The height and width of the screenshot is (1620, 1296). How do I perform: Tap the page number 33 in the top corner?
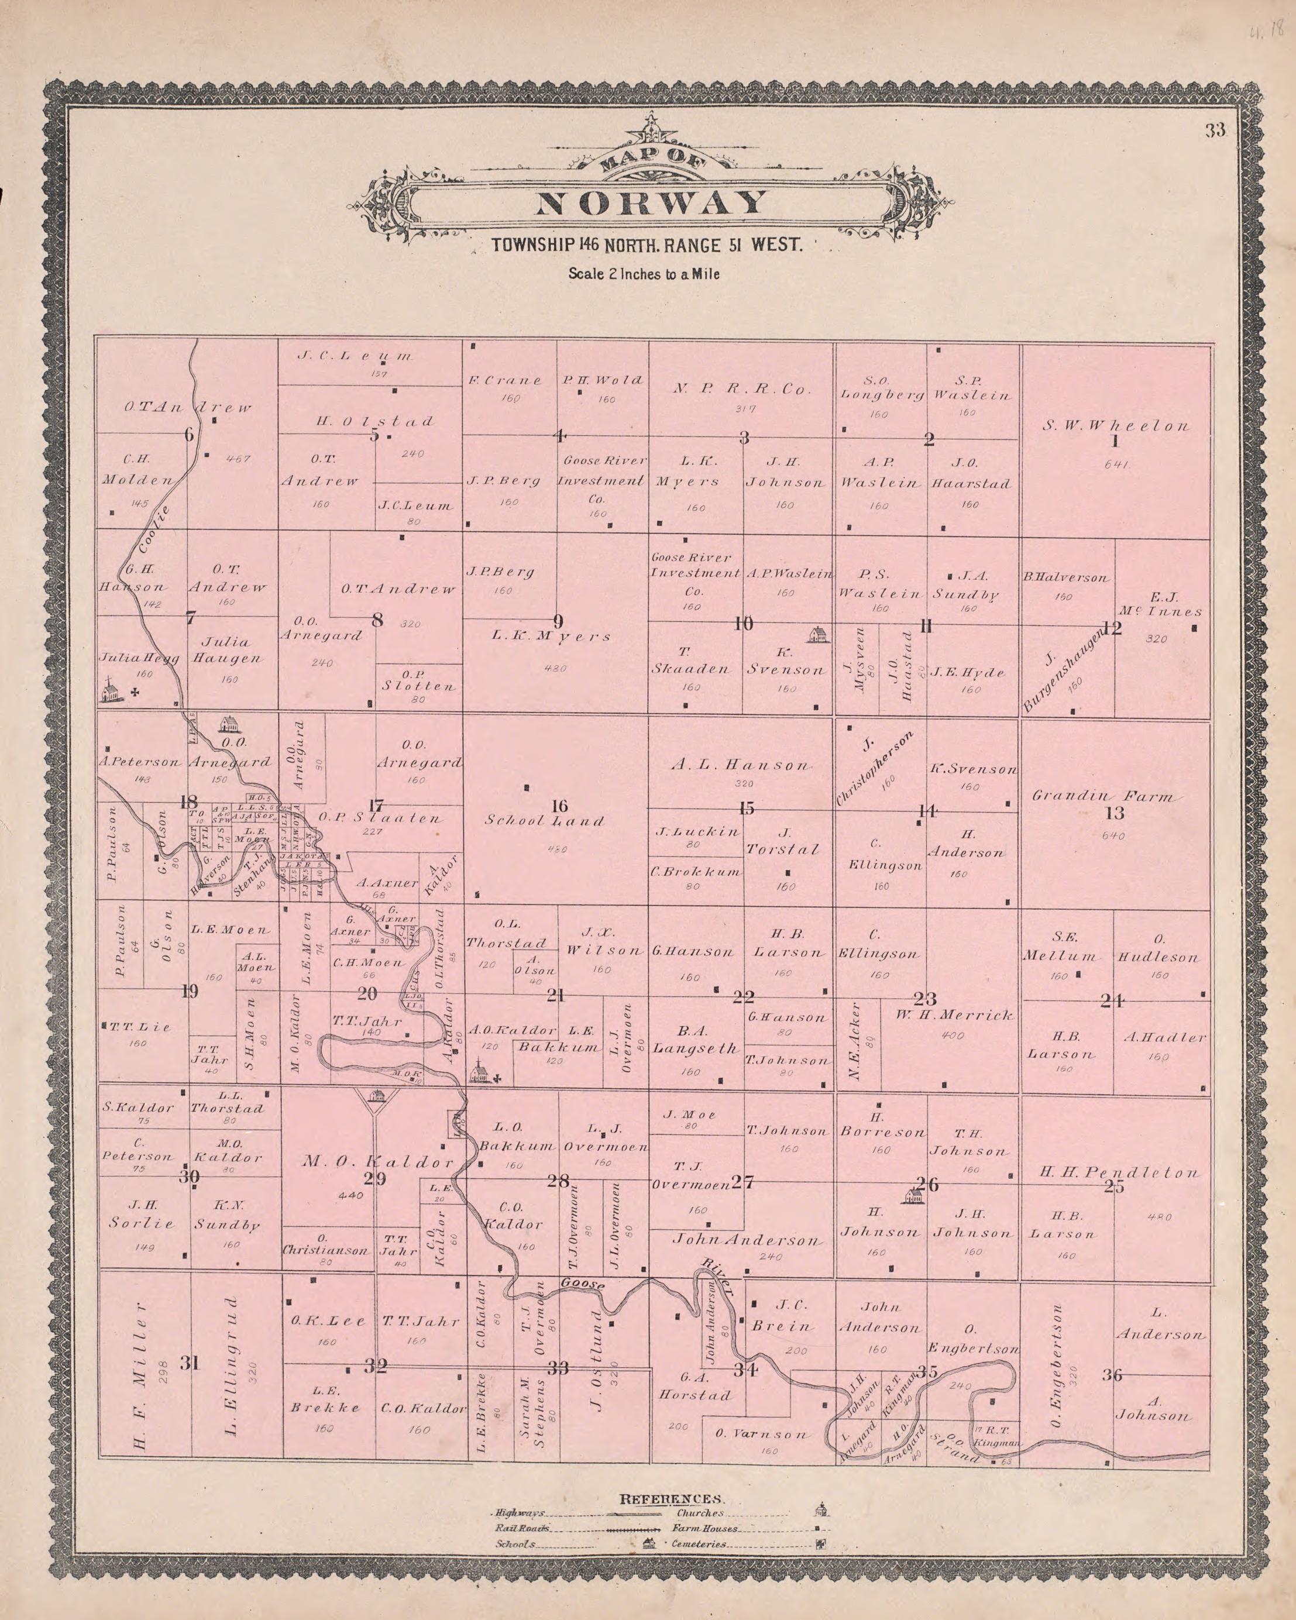click(x=1215, y=130)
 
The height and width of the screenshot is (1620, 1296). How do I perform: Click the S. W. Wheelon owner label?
click(x=1115, y=426)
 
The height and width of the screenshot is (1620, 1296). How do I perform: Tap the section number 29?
click(x=375, y=1179)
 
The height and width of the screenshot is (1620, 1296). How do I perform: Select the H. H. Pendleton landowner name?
click(x=1119, y=1172)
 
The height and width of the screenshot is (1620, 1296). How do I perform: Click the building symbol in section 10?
click(x=817, y=635)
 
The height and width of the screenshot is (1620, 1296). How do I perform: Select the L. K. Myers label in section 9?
click(x=551, y=637)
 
